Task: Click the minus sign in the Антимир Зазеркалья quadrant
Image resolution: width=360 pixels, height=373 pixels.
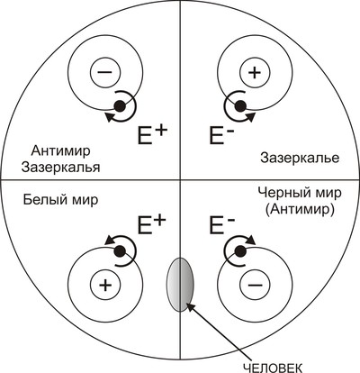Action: (x=105, y=72)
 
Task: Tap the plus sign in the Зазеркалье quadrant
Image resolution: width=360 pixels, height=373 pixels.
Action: (x=255, y=72)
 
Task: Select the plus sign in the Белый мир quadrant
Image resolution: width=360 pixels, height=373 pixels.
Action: (x=105, y=284)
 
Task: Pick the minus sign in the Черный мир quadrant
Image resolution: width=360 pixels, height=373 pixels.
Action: (x=255, y=284)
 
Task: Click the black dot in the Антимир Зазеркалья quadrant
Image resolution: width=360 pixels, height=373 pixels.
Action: (x=120, y=106)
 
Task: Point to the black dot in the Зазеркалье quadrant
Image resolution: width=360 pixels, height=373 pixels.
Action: (x=240, y=106)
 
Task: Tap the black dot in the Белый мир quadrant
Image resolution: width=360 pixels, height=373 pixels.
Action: (x=121, y=250)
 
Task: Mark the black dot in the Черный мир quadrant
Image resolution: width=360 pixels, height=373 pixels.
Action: (x=239, y=250)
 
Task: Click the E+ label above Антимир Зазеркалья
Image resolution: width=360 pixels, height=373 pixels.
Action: (x=152, y=134)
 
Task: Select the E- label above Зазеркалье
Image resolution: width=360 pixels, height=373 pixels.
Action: (x=221, y=135)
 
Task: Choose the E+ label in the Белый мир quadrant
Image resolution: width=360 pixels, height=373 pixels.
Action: (x=151, y=224)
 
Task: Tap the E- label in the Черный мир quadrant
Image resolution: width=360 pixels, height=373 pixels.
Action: (x=221, y=224)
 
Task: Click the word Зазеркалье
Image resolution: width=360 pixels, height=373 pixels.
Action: (x=300, y=158)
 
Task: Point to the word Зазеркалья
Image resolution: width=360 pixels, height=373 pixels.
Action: (x=60, y=168)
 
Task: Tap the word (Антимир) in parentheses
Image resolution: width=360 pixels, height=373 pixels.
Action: (x=300, y=210)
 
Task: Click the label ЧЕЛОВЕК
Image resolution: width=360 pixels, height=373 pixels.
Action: (x=273, y=368)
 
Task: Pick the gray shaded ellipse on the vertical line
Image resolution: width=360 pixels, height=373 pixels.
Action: (x=180, y=285)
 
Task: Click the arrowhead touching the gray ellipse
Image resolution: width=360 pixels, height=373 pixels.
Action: (x=191, y=307)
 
